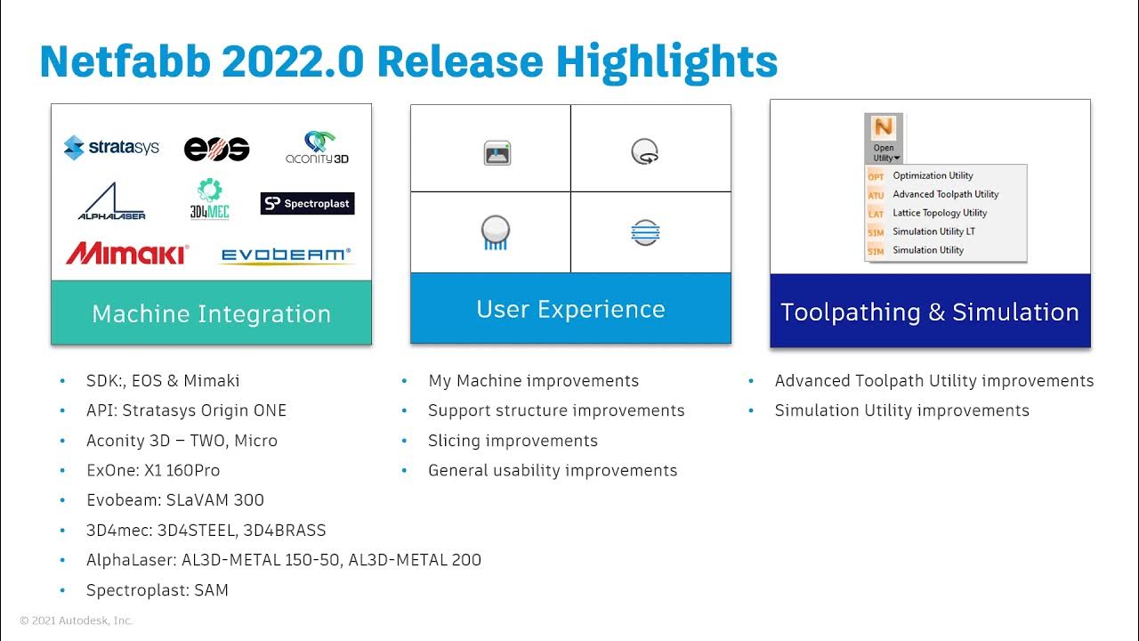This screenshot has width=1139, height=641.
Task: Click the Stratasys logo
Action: (111, 147)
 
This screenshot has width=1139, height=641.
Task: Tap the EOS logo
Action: (216, 149)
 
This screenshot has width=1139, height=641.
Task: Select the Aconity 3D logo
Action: (316, 147)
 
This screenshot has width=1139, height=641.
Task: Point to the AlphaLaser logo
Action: (111, 202)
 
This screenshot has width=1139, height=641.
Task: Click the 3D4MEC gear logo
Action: (210, 199)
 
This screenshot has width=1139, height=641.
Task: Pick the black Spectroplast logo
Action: (307, 203)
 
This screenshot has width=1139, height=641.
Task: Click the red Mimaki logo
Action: (127, 254)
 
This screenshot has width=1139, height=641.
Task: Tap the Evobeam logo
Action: (286, 256)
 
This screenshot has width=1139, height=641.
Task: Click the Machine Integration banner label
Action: (211, 313)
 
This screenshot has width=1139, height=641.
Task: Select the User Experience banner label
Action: (570, 309)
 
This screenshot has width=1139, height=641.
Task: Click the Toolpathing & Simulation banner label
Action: (930, 312)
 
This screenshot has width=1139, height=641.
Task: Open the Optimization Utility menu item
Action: (933, 175)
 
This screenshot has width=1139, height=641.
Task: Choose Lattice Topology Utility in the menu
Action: (940, 213)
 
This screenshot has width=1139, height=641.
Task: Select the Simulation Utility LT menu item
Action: (934, 231)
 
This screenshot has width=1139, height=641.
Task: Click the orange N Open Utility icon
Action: (884, 129)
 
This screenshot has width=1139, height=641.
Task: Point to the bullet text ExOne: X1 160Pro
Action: (152, 470)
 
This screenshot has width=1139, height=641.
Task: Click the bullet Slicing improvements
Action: (513, 441)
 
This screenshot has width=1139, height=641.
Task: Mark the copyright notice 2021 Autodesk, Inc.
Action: (77, 621)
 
